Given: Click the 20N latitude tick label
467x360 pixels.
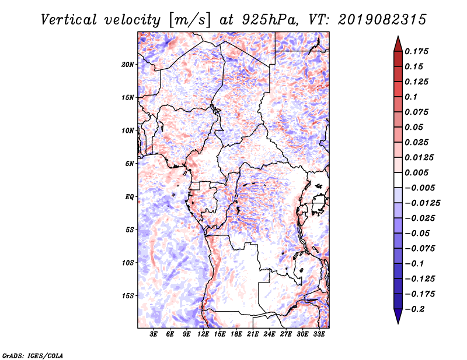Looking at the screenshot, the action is (x=128, y=64).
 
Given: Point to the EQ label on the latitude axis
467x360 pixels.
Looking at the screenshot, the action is (x=129, y=196).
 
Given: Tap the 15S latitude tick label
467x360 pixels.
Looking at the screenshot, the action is (x=128, y=295).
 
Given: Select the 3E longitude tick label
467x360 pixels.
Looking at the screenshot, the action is (x=154, y=334).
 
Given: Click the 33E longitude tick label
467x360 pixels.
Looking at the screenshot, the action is (x=319, y=334).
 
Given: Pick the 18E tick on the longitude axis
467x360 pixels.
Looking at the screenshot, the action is (x=236, y=334).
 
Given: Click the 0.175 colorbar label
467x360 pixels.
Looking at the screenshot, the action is (x=416, y=51).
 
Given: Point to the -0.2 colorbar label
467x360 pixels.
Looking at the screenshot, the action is (x=414, y=309).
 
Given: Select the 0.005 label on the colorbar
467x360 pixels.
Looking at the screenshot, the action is (x=416, y=172).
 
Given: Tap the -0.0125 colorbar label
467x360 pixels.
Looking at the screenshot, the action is (x=422, y=203).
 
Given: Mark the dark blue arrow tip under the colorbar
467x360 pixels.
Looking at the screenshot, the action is (x=398, y=323).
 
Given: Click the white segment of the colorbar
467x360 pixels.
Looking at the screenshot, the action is (x=398, y=180).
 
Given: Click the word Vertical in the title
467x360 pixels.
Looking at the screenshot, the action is (x=69, y=20).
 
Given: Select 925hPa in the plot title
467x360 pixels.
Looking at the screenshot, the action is (x=270, y=20).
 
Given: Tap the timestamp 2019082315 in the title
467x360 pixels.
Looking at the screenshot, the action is (x=382, y=20).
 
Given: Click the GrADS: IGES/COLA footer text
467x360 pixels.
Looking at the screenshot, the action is (x=33, y=356).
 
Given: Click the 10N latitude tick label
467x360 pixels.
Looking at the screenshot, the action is (x=128, y=130).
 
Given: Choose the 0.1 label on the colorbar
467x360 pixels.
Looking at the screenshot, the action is (x=411, y=97).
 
